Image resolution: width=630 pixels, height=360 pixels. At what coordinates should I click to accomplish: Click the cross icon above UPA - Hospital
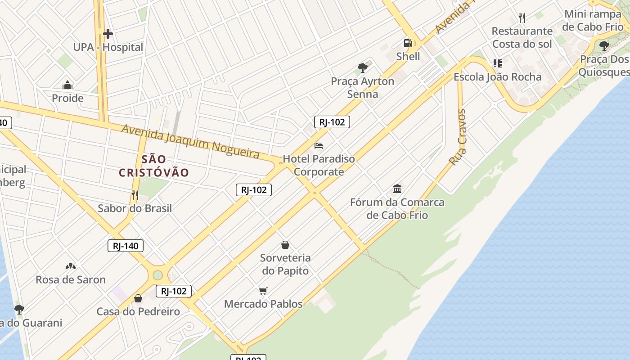108,34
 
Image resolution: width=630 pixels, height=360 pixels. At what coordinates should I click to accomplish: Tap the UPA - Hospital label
108,47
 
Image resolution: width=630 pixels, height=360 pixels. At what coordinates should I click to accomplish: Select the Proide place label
67,98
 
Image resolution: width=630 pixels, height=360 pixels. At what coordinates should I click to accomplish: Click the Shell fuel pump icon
408,43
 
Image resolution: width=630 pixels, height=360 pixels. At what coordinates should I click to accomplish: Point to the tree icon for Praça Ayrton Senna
362,68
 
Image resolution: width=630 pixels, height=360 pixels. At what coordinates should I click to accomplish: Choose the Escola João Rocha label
497,77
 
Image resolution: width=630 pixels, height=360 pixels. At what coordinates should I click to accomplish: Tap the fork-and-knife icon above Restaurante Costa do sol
522,18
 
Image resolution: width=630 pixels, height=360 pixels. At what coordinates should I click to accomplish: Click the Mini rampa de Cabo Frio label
593,20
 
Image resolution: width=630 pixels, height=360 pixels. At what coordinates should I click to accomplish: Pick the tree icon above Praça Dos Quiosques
604,45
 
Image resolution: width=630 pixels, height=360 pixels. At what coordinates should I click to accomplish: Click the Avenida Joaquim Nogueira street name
191,141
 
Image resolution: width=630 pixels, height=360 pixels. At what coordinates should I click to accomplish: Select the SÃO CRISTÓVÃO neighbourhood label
154,166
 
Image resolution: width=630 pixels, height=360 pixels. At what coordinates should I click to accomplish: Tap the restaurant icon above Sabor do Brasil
134,195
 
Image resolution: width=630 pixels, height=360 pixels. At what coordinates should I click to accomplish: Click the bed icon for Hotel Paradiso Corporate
319,146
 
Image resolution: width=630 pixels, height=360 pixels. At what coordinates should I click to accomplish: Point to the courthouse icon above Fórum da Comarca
397,189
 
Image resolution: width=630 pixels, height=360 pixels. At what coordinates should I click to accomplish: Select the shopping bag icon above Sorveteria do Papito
285,245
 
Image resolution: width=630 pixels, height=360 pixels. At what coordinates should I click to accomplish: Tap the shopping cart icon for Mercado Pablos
263,291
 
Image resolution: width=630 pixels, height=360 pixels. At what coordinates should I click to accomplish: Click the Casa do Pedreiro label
138,311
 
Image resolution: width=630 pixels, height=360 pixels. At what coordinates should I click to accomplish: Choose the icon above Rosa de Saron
71,266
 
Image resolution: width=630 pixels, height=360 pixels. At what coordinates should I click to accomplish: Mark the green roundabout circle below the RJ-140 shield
157,275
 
